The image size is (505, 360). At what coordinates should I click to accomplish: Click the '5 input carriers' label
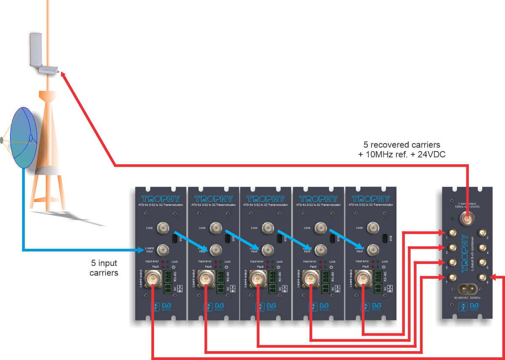(x=104, y=268)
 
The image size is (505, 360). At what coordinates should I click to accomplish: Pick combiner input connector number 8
(x=482, y=277)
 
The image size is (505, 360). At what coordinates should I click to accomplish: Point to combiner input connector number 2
(x=482, y=232)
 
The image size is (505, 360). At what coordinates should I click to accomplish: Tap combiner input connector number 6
(x=482, y=262)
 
